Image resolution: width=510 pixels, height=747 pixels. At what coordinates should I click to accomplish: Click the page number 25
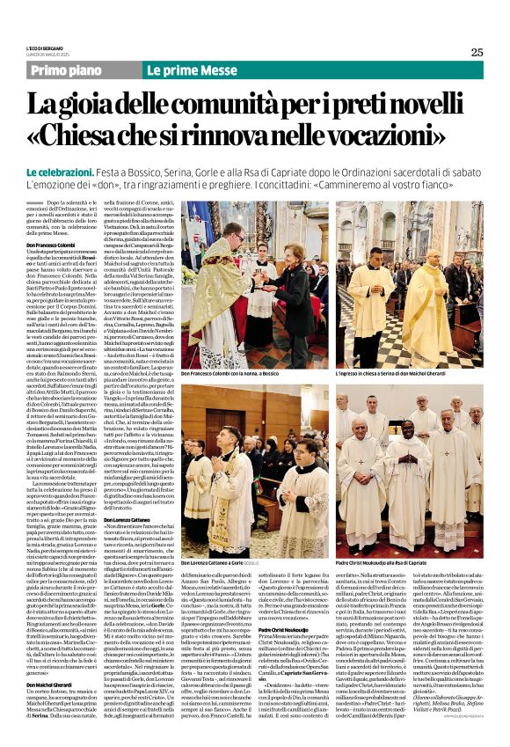pos(477,52)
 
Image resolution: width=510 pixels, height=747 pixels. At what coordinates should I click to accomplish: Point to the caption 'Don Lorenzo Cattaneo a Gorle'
pos(225,563)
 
